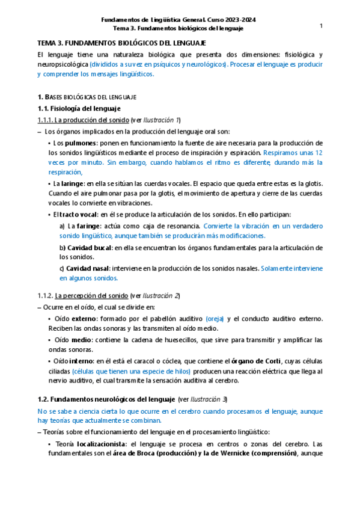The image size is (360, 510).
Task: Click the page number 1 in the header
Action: point(322,25)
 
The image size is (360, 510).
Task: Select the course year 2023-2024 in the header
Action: point(239,20)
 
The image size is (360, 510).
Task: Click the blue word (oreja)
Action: point(215,318)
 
